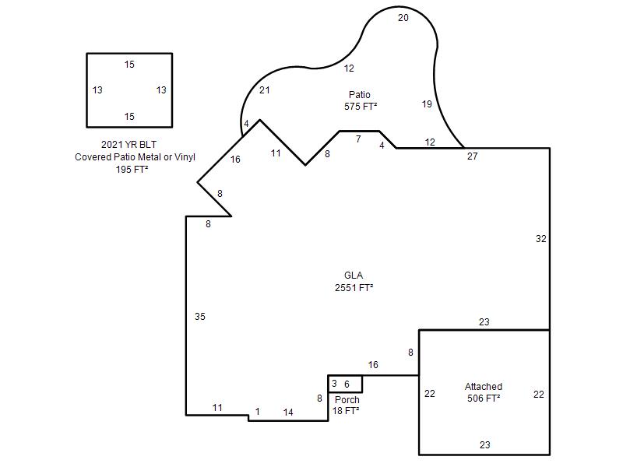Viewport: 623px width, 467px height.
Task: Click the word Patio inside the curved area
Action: coord(360,94)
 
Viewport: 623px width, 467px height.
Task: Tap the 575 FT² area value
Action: coord(361,107)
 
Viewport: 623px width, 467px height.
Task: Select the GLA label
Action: coord(354,276)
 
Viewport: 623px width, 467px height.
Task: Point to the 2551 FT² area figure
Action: coord(354,287)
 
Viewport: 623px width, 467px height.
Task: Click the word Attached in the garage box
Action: coord(484,386)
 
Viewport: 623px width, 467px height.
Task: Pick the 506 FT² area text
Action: coord(484,398)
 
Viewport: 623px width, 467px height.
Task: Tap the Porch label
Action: coord(347,399)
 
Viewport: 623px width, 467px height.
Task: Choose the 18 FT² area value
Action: coord(346,411)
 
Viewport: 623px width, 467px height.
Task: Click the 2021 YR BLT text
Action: coord(128,145)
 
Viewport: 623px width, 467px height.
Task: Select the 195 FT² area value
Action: coord(132,169)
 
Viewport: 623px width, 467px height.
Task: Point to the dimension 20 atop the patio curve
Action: coord(403,18)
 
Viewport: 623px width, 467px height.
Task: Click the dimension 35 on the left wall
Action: coord(200,317)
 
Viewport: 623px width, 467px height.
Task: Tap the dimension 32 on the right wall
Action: coord(540,239)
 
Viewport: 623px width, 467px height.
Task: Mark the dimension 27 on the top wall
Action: coord(473,156)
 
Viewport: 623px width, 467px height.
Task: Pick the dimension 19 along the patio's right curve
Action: coord(427,104)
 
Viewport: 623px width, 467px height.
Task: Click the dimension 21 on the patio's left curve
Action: coord(265,90)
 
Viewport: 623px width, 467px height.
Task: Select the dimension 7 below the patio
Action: coord(358,139)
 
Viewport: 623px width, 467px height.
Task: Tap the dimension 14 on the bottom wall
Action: coord(288,413)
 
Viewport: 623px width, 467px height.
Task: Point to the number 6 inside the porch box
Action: coord(347,384)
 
